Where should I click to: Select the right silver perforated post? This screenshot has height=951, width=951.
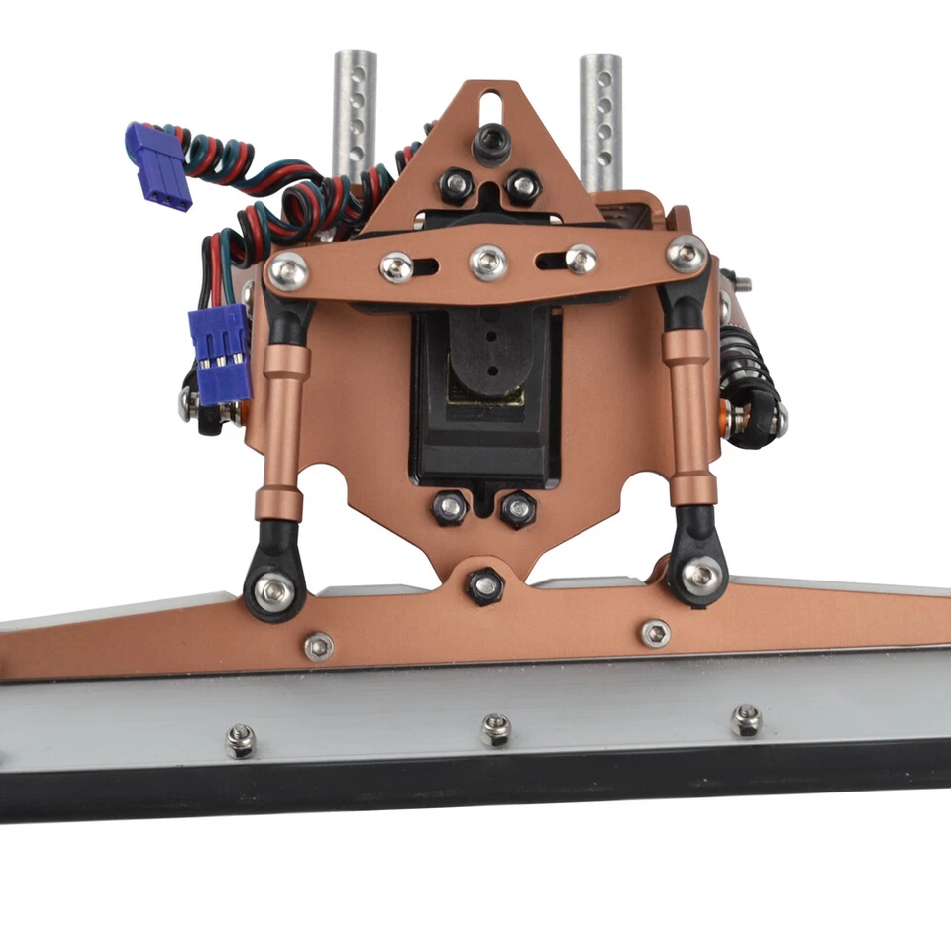[x=600, y=119]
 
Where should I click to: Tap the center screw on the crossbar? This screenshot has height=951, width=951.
[x=488, y=262]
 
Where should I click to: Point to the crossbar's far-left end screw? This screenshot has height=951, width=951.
[x=287, y=270]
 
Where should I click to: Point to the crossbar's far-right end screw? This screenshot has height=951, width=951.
[x=687, y=254]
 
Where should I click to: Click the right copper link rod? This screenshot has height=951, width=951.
[x=690, y=416]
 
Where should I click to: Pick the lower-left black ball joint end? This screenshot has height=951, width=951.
[x=271, y=587]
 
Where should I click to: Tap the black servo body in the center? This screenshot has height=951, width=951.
[x=486, y=396]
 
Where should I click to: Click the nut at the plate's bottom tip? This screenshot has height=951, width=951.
[x=484, y=585]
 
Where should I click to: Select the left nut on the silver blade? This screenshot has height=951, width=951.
[x=240, y=740]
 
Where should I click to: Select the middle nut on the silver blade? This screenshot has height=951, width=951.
[x=495, y=730]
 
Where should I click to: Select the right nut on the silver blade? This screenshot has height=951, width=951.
[x=745, y=720]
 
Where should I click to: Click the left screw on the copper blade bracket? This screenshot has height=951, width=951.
[x=318, y=646]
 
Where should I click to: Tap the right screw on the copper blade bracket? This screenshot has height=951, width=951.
[x=655, y=633]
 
